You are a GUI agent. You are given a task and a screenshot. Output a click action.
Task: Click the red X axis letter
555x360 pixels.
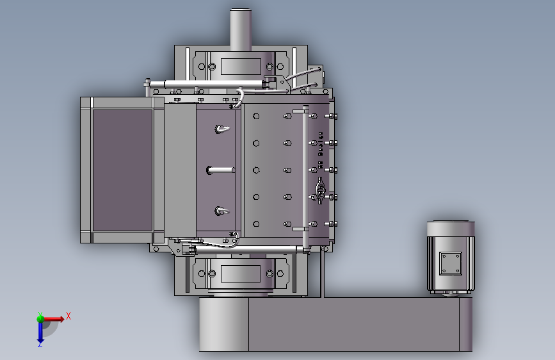tap(68, 316)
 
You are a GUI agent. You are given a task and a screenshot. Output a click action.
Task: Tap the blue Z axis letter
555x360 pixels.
tap(40, 345)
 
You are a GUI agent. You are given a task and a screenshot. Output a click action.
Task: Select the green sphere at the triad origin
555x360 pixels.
tap(40, 319)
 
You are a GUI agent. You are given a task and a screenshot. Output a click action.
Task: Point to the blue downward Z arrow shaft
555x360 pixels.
tap(40, 331)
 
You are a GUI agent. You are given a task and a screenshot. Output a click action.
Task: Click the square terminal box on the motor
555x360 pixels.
tap(451, 263)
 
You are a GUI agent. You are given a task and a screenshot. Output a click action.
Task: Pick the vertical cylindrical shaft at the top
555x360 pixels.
tap(241, 30)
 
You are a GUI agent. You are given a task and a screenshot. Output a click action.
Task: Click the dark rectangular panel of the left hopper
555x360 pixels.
tap(122, 170)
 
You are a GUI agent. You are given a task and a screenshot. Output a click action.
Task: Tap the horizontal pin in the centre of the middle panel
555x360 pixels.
tap(221, 170)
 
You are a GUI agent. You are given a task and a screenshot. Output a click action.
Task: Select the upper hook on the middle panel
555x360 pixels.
tap(222, 129)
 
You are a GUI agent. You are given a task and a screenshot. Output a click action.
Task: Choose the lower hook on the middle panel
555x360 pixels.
tap(222, 211)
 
